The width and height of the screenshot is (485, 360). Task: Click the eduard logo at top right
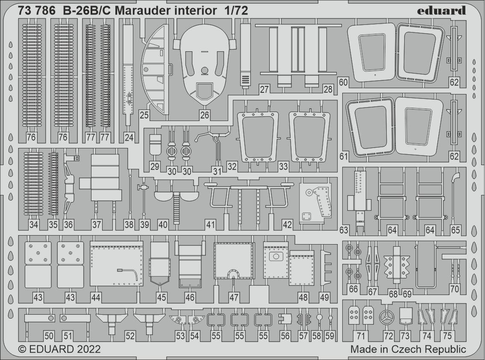tap(441, 10)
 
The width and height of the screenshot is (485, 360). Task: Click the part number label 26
tap(204, 115)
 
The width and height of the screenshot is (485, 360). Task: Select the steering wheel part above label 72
tap(387, 317)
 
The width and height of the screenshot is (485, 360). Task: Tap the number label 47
tap(234, 297)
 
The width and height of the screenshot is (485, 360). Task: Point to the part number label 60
tap(343, 83)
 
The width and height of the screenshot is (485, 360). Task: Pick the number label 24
tap(129, 137)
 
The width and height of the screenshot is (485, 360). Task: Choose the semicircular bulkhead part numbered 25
tap(155, 70)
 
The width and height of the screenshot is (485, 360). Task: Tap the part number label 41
tap(210, 224)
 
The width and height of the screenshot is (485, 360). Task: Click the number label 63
tap(344, 230)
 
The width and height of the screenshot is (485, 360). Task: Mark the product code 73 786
tap(37, 11)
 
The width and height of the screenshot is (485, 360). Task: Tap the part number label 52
tap(130, 336)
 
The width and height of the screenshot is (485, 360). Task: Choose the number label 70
tap(454, 289)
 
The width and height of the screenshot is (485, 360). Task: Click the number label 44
tap(96, 297)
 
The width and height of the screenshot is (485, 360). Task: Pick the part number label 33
tap(283, 166)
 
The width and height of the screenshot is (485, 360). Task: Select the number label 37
tap(97, 224)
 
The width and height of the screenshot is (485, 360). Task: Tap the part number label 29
tap(154, 166)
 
